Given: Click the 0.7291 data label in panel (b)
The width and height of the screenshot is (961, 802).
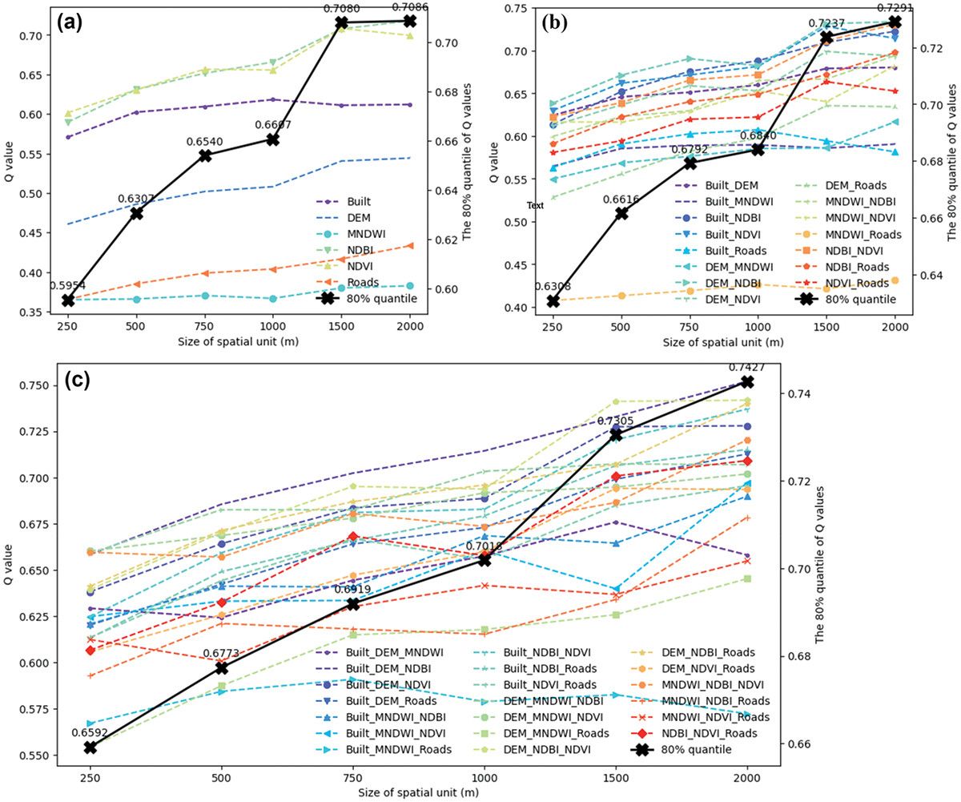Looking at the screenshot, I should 895,10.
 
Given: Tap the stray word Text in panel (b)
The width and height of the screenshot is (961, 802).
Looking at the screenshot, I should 535,206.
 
